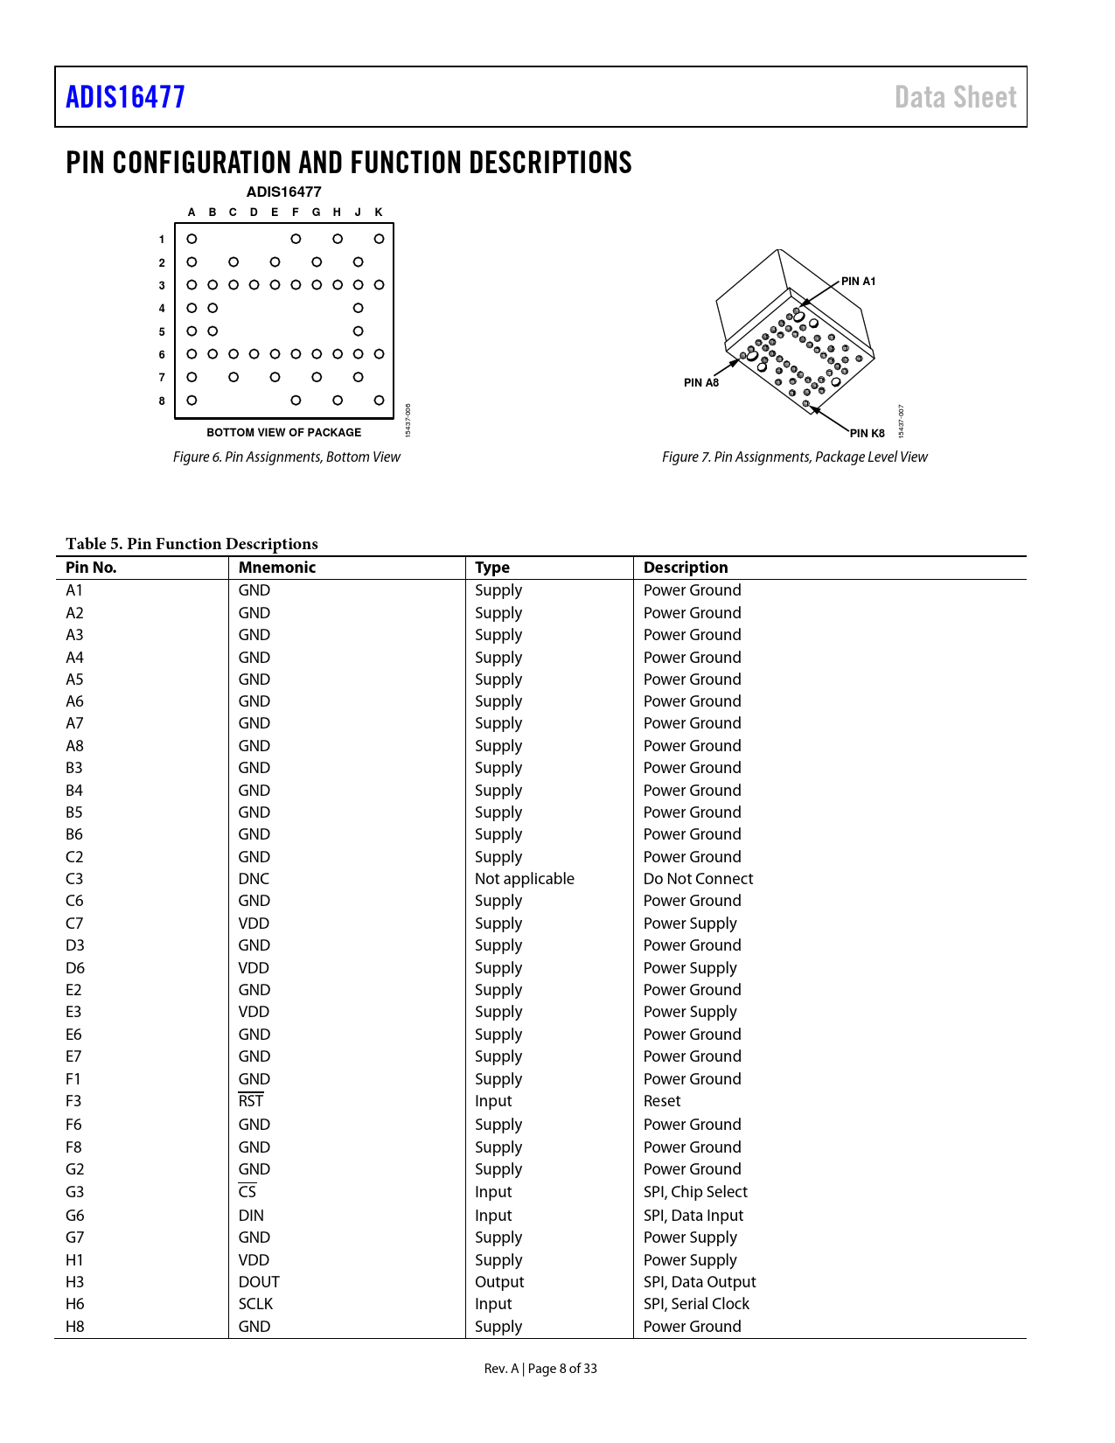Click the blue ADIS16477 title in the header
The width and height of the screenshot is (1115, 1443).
[126, 97]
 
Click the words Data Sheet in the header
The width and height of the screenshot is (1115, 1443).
[955, 97]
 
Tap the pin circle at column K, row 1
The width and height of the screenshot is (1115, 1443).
[379, 239]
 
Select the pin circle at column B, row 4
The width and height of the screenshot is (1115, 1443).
[213, 308]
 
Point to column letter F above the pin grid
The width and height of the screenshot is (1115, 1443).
[296, 213]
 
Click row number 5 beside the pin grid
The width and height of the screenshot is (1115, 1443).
[162, 332]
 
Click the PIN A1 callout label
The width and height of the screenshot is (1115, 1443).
[858, 282]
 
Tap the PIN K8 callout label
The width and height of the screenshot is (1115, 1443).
[868, 433]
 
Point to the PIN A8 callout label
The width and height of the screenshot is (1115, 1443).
[701, 382]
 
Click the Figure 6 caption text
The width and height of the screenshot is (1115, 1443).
[286, 457]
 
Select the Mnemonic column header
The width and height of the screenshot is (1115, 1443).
[277, 568]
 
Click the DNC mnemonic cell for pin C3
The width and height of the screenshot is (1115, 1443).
[254, 879]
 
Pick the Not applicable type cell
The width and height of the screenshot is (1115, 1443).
[525, 879]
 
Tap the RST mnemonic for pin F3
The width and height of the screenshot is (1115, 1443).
[251, 1101]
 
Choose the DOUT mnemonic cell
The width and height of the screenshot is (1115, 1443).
[259, 1282]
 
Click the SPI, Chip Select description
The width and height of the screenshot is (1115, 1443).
[695, 1192]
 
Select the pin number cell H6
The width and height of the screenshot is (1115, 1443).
[75, 1304]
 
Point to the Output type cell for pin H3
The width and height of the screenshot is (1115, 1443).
[499, 1282]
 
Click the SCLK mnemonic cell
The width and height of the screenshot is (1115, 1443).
[255, 1304]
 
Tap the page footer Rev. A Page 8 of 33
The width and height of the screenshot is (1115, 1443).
[540, 1369]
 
